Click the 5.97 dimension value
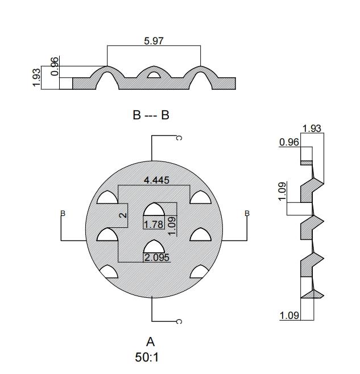[154, 41]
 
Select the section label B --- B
[151, 115]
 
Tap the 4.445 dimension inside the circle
[157, 181]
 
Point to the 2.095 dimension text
[156, 257]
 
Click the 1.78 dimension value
[154, 225]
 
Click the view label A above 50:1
[151, 342]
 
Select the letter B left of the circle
[63, 214]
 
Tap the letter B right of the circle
[247, 214]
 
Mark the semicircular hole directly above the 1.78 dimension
[154, 210]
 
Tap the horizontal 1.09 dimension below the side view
[289, 315]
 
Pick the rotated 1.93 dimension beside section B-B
[38, 77]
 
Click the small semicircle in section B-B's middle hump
[154, 74]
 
